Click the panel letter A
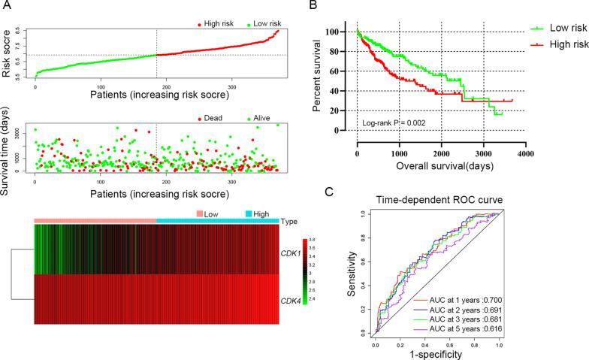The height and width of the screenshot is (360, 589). [x=6, y=7]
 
